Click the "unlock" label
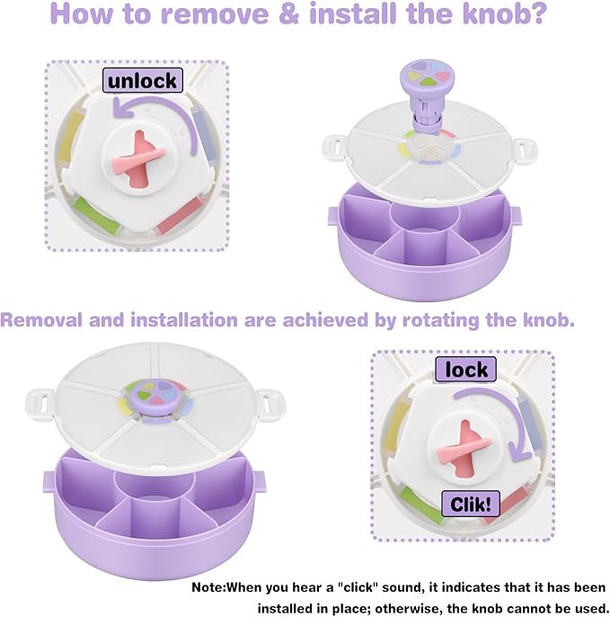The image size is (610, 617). tap(143, 81)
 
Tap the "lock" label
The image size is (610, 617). tap(466, 369)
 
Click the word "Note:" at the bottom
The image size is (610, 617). tap(208, 587)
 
